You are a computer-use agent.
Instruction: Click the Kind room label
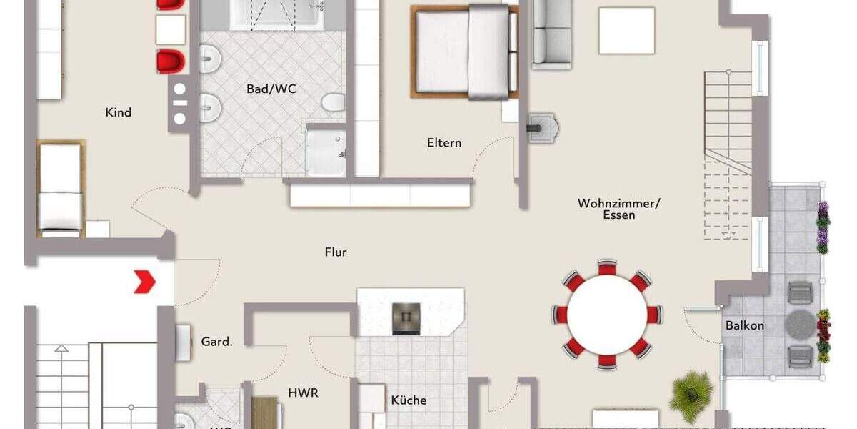(118, 112)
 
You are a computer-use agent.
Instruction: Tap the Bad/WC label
(271, 89)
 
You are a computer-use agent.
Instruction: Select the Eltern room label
(444, 142)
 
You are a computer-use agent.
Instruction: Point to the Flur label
(336, 252)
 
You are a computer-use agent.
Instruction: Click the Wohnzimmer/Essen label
(619, 209)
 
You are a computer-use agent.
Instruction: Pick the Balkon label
(745, 325)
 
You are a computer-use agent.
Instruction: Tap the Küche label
(409, 400)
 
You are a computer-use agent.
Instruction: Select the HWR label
(303, 393)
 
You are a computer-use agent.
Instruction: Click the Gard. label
(216, 342)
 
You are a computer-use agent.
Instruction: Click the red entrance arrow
(145, 282)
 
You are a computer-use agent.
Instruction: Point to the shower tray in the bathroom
(326, 152)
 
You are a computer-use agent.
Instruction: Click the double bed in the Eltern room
(464, 51)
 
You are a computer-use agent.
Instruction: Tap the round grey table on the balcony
(800, 325)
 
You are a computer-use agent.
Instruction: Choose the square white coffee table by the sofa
(627, 30)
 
